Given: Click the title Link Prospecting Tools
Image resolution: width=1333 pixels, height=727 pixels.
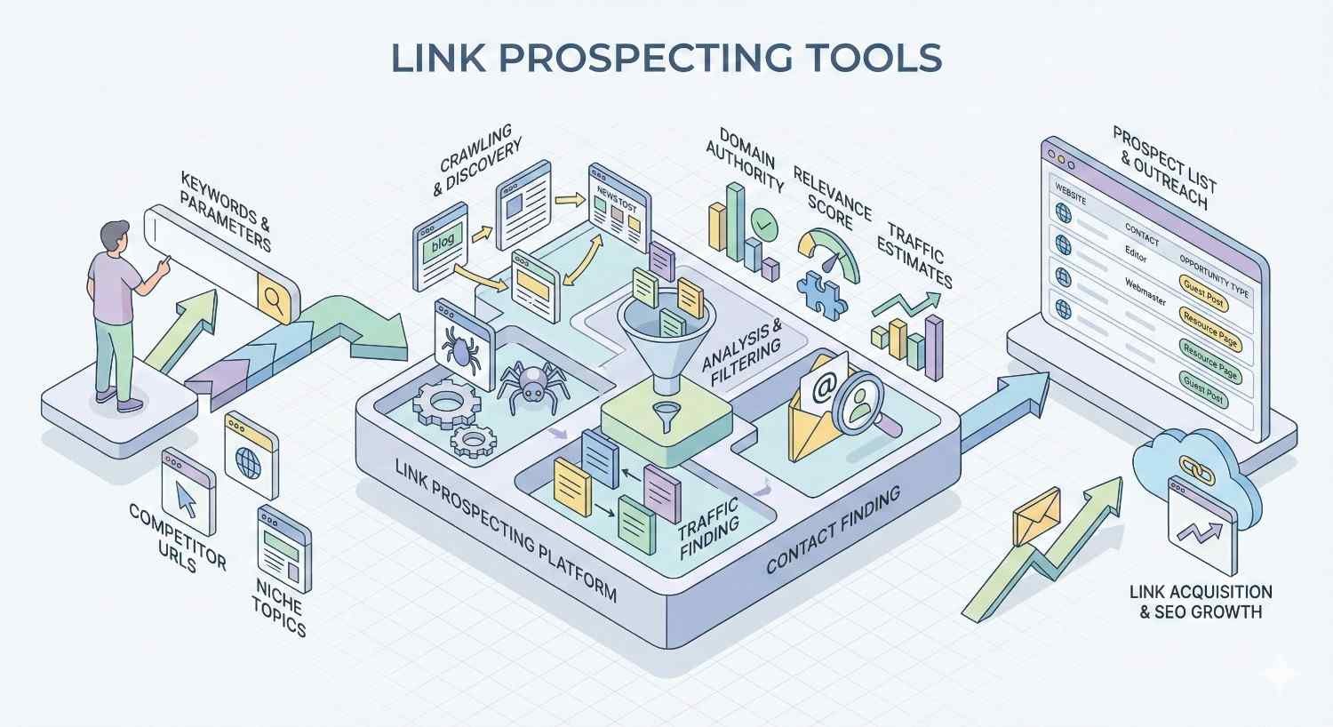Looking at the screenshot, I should [666, 58].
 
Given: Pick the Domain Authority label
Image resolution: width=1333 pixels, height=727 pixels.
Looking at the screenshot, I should [744, 160].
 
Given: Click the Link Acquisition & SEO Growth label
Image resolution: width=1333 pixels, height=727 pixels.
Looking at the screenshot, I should [1200, 602].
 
